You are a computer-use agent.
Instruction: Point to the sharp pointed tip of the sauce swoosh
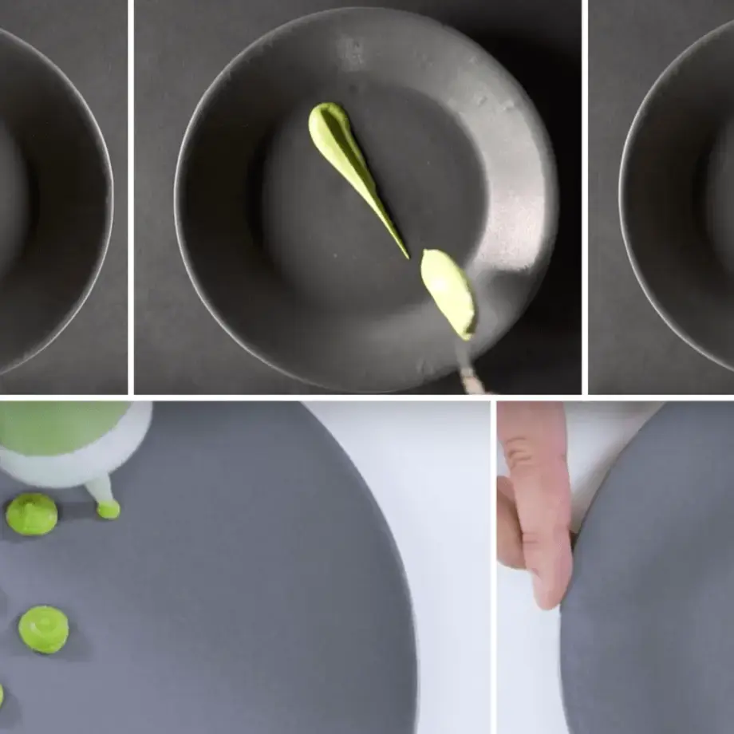[x=406, y=255]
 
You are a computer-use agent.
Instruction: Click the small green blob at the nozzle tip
[x=109, y=508]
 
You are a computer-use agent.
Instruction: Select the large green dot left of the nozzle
[x=32, y=514]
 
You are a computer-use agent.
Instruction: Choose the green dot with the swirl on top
[x=43, y=629]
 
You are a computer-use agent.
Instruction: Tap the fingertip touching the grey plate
[x=550, y=590]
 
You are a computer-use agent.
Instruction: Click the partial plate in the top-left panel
[x=56, y=199]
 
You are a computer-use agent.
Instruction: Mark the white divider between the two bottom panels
[x=493, y=566]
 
